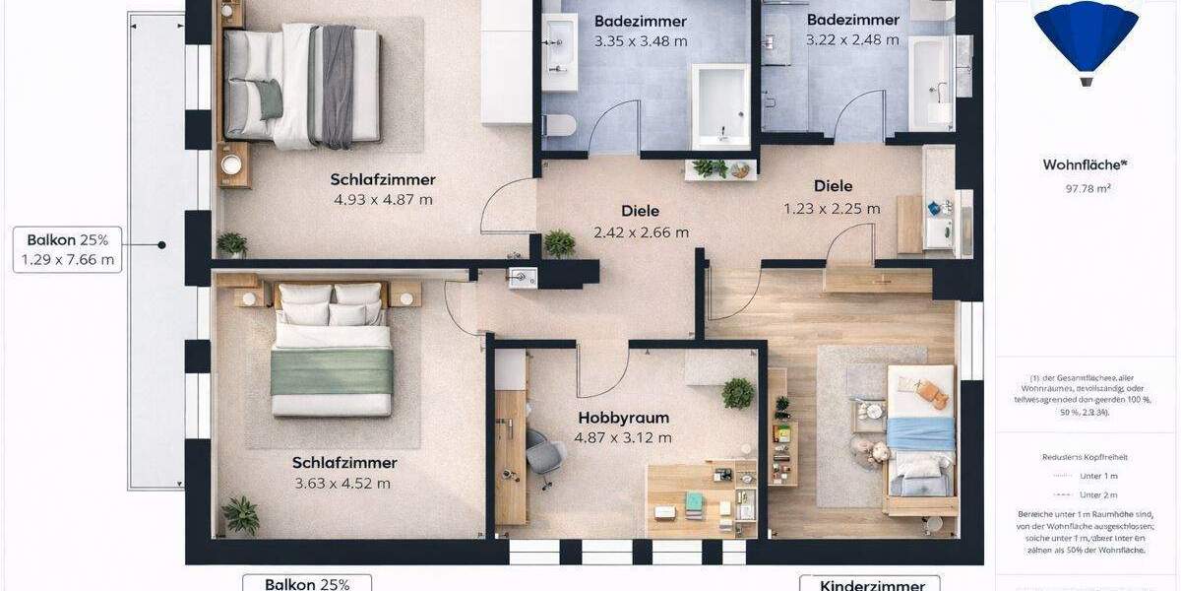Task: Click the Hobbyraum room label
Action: pyautogui.click(x=624, y=418)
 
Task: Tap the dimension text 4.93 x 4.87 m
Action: pyautogui.click(x=383, y=200)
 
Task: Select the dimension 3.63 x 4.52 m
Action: pyautogui.click(x=342, y=484)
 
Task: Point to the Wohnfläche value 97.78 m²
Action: pyautogui.click(x=1088, y=188)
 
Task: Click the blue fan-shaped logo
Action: pyautogui.click(x=1086, y=36)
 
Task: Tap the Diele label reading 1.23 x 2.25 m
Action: pyautogui.click(x=832, y=208)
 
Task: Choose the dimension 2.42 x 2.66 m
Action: pyautogui.click(x=641, y=232)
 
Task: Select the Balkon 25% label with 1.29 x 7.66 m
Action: pyautogui.click(x=68, y=250)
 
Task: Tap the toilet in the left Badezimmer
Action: pyautogui.click(x=559, y=125)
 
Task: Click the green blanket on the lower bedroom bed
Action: pyautogui.click(x=332, y=370)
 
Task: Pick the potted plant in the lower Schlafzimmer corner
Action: pyautogui.click(x=240, y=514)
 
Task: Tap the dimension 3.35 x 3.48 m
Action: pyautogui.click(x=641, y=41)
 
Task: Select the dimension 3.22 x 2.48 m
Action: pyautogui.click(x=852, y=40)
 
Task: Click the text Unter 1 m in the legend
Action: pyautogui.click(x=1098, y=476)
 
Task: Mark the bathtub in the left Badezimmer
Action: pyautogui.click(x=720, y=104)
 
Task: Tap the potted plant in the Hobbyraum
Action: pyautogui.click(x=737, y=393)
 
